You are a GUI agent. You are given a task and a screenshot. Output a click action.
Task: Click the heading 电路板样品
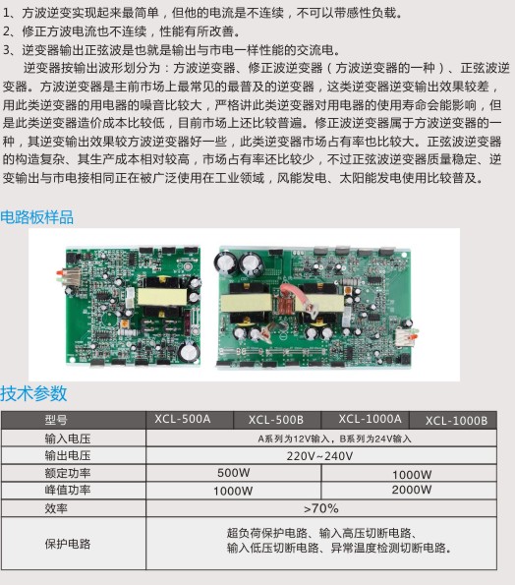coord(37,217)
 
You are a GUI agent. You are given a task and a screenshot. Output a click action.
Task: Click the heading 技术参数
coord(33,393)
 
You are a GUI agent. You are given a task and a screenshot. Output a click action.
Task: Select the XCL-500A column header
coord(183,419)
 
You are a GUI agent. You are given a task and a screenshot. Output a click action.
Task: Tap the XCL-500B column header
coord(276,420)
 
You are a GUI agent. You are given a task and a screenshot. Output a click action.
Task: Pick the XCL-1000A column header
coord(370,419)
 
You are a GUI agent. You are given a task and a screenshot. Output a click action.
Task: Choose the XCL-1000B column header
coord(456,421)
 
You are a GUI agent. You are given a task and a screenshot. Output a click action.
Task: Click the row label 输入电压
coord(68,439)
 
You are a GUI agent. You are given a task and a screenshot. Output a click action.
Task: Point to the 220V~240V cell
coord(319,456)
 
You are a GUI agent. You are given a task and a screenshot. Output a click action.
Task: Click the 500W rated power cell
coord(234,473)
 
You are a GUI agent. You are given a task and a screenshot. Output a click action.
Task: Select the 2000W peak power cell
coord(412,490)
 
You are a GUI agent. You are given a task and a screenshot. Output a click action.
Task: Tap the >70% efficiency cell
coord(321,508)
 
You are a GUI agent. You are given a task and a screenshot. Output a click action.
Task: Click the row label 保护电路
coord(68,544)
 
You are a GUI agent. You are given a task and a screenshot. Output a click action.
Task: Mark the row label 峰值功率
coord(68,490)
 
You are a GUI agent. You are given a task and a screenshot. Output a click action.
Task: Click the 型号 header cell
coord(56,420)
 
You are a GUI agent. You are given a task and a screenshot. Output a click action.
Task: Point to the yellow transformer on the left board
coord(161,297)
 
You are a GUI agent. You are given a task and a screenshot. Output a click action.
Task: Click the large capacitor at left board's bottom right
coord(189,351)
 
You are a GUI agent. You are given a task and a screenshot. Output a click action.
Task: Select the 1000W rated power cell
coord(412,475)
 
